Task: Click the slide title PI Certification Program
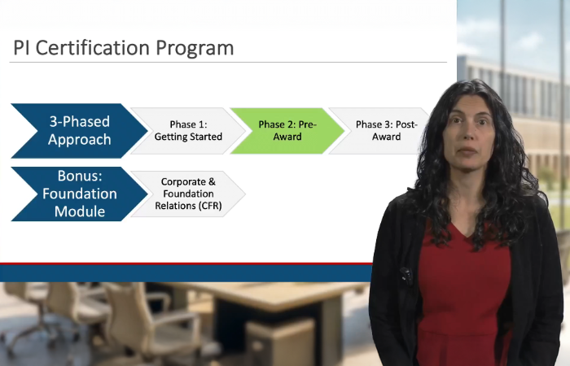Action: pos(123,48)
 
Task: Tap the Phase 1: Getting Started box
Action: pos(188,130)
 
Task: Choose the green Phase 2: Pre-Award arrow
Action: pos(287,130)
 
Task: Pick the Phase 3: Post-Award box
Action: pos(383,130)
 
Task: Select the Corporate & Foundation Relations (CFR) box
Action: pos(188,194)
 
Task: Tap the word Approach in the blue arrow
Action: pos(78,139)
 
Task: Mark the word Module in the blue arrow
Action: pos(80,211)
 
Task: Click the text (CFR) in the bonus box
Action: pos(208,206)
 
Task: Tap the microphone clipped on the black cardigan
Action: pos(405,276)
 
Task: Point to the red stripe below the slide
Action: pos(187,264)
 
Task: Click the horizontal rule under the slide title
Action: pos(229,62)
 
